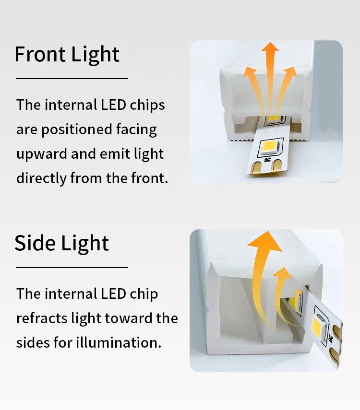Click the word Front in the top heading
40,54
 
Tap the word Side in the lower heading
35,243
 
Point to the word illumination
119,342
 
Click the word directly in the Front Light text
41,178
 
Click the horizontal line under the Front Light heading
72,78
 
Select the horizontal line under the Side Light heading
72,267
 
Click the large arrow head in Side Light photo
265,241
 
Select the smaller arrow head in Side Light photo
283,274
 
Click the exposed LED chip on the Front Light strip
270,148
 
